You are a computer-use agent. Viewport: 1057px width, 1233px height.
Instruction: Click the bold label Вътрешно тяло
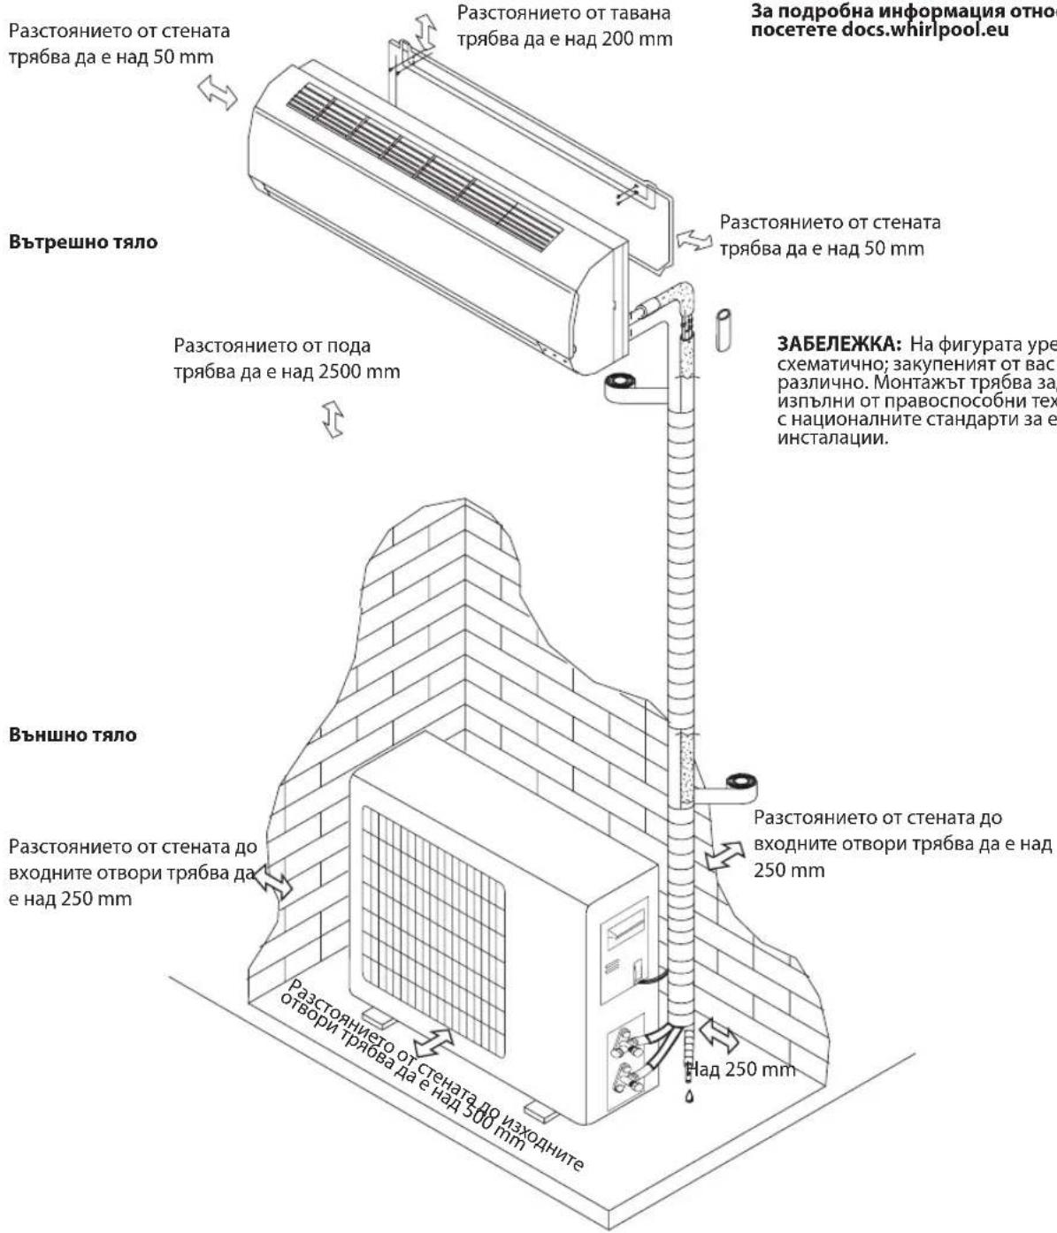83,242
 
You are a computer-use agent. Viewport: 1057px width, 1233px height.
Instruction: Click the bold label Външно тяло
73,734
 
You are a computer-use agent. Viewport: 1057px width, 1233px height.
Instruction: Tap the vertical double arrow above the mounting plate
426,31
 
